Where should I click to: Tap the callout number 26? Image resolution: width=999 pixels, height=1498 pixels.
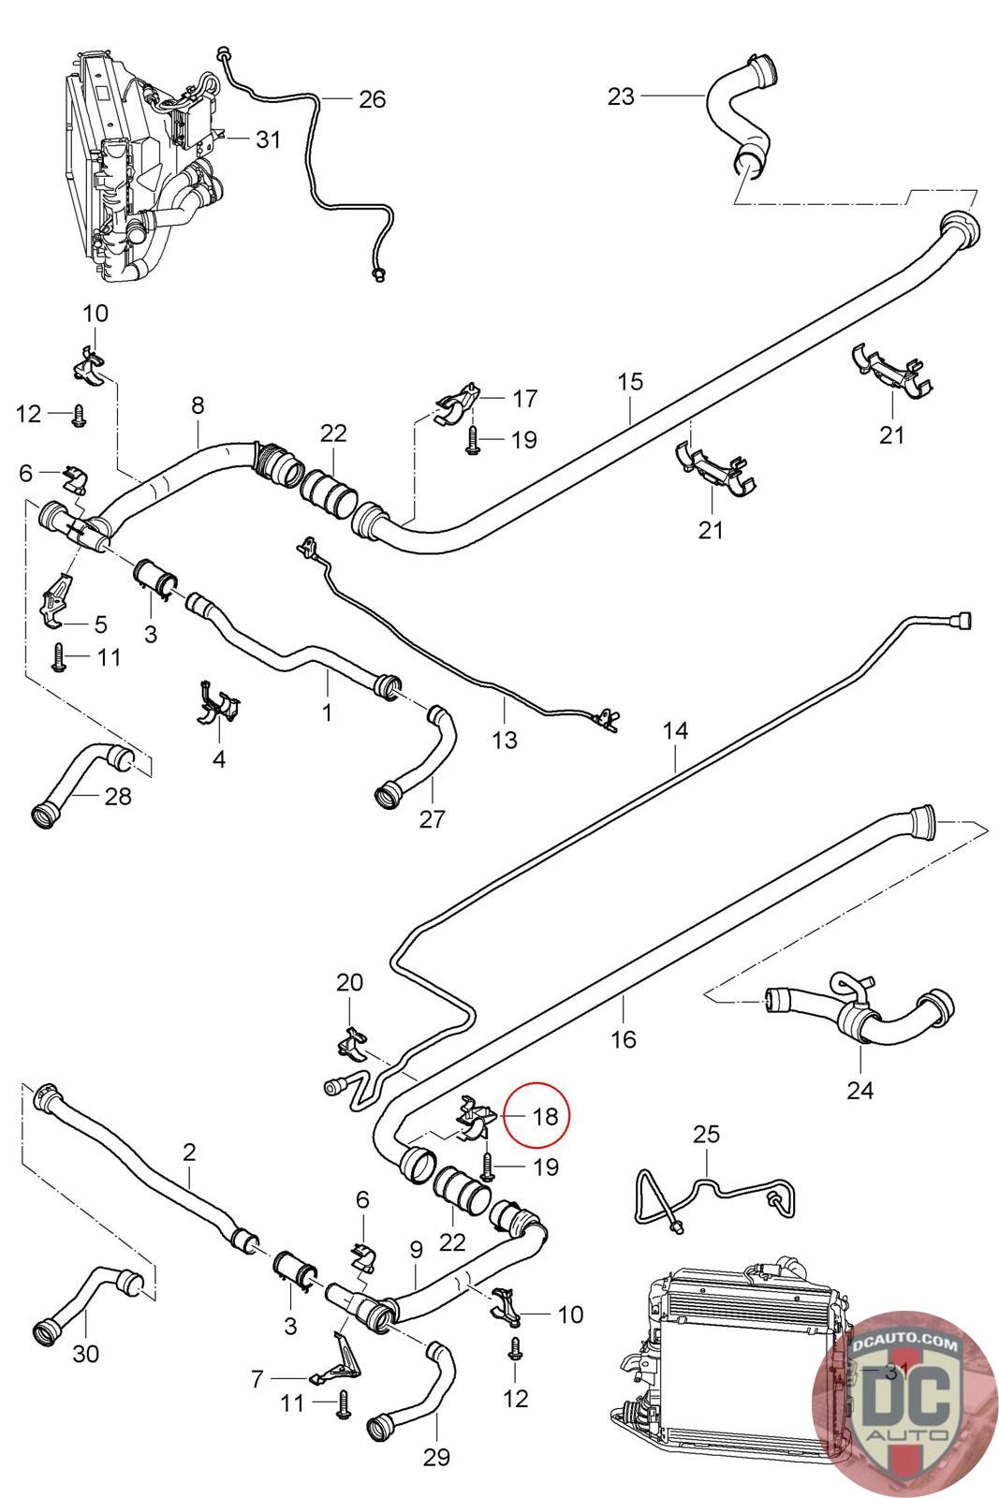pyautogui.click(x=372, y=99)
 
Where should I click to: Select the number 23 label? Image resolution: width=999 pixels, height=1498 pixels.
pyautogui.click(x=621, y=96)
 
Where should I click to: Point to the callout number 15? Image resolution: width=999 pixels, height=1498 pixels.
pyautogui.click(x=630, y=382)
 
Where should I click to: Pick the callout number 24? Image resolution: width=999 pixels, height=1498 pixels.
pyautogui.click(x=859, y=1091)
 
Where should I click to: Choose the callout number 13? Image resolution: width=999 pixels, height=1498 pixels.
pyautogui.click(x=505, y=740)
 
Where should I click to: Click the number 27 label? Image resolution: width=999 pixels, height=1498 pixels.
pyautogui.click(x=432, y=818)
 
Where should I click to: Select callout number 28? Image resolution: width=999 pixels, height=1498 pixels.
pyautogui.click(x=118, y=797)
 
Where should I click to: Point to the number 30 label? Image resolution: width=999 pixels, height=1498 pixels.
pyautogui.click(x=85, y=1354)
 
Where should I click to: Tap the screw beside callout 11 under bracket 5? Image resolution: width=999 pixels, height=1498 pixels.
pyautogui.click(x=59, y=656)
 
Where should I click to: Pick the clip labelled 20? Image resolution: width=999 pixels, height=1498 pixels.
pyautogui.click(x=352, y=1043)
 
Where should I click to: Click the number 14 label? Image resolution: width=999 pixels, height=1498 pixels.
pyautogui.click(x=675, y=730)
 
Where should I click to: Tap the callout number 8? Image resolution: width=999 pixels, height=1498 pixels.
pyautogui.click(x=198, y=405)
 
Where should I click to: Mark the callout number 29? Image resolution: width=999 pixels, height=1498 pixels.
pyautogui.click(x=436, y=1457)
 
